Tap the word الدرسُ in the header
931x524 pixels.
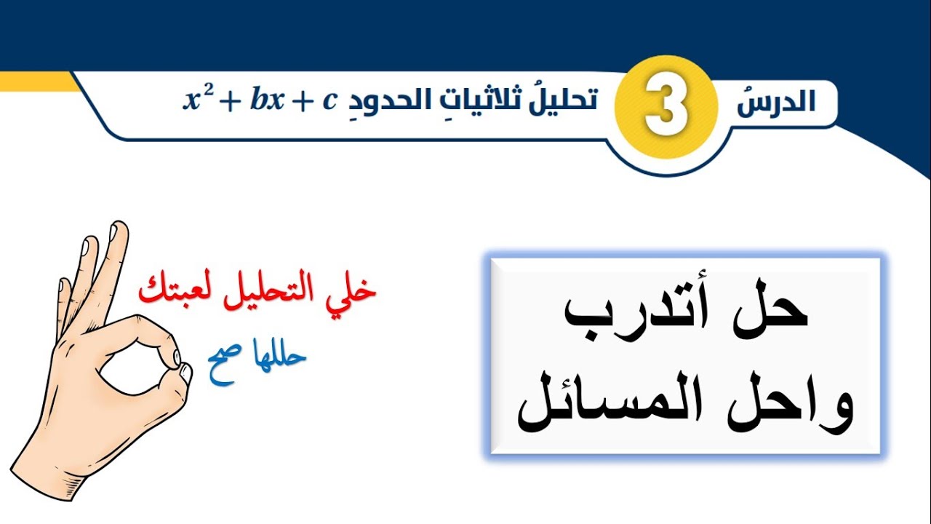coord(776,102)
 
